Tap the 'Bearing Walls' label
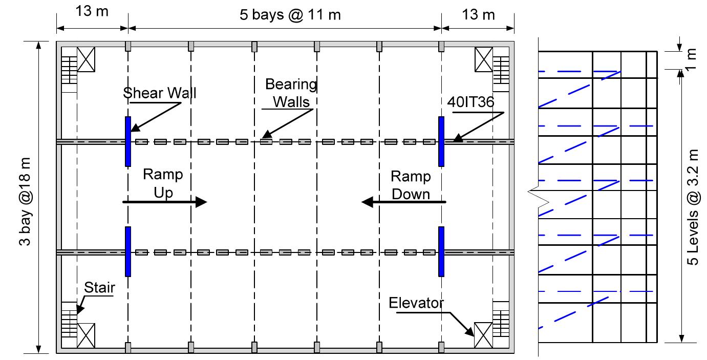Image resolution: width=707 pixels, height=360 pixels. tap(291, 93)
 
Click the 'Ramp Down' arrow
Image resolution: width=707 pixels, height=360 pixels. tap(404, 202)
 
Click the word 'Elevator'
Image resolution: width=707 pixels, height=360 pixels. tap(416, 303)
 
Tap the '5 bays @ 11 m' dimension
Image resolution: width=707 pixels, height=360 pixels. tap(290, 14)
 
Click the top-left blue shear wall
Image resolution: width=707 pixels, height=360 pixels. tap(128, 141)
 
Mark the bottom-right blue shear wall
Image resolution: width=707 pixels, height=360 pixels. tap(441, 251)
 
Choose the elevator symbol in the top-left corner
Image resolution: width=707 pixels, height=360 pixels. tap(86, 59)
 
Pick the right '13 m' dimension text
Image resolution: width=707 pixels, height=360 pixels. tap(478, 14)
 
